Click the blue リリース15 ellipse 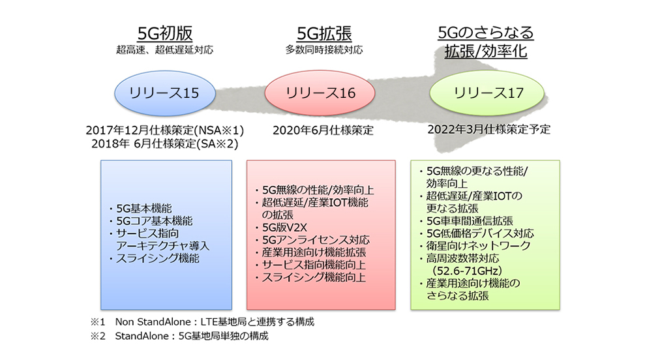pos(165,93)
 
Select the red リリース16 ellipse pos(321,93)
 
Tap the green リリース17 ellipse pos(487,93)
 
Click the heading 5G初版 pos(165,34)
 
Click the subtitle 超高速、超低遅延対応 pos(165,50)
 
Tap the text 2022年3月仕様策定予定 pos(489,129)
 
